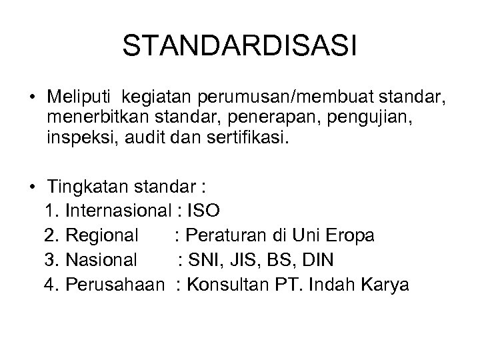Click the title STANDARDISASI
click(240, 46)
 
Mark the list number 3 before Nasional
click(49, 260)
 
